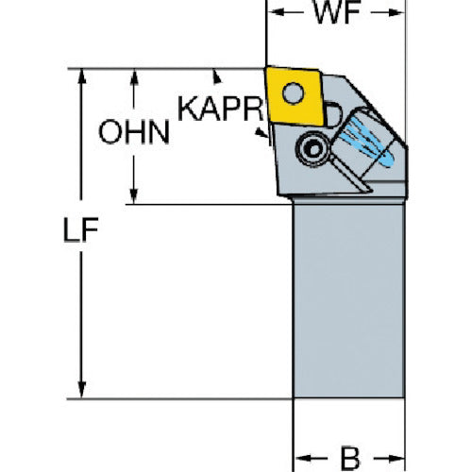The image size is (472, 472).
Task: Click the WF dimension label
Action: pyautogui.click(x=337, y=12)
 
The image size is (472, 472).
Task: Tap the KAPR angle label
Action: pyautogui.click(x=220, y=109)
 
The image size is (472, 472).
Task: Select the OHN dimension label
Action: pyautogui.click(x=134, y=132)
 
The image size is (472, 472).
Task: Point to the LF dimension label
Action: pyautogui.click(x=81, y=229)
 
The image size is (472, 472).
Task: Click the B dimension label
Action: pyautogui.click(x=350, y=458)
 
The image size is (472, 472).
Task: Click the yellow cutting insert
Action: pyautogui.click(x=295, y=95)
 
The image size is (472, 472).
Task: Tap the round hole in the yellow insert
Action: pyautogui.click(x=294, y=93)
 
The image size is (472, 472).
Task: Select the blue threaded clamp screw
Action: pyautogui.click(x=370, y=141)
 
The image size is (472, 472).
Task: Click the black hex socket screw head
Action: pyautogui.click(x=313, y=149)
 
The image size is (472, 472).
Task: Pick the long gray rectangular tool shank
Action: pyautogui.click(x=348, y=300)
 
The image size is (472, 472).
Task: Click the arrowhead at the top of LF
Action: pyautogui.click(x=82, y=76)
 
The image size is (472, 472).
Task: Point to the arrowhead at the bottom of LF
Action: pyautogui.click(x=82, y=391)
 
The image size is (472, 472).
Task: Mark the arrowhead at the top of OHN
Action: pyautogui.click(x=134, y=76)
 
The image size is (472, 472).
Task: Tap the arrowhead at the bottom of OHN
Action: pyautogui.click(x=134, y=196)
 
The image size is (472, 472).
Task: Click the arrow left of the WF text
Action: pyautogui.click(x=285, y=12)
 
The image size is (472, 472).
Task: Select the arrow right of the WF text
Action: pyautogui.click(x=388, y=12)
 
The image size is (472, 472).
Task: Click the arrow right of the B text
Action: pyautogui.click(x=389, y=459)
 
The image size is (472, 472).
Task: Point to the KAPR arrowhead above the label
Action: pyautogui.click(x=216, y=77)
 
